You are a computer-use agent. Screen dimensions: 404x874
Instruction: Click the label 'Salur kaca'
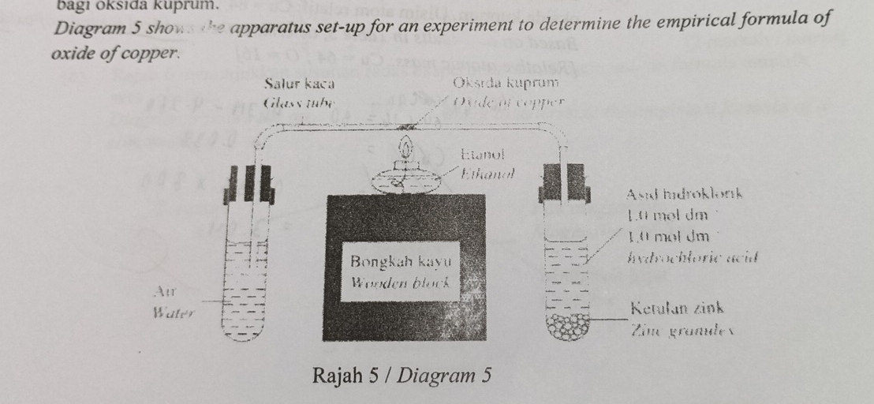[300, 83]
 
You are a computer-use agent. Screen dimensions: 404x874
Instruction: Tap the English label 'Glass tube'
[299, 103]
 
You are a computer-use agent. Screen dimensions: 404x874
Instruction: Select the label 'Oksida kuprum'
[506, 83]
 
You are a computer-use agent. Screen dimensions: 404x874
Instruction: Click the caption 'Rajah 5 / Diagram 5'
[402, 374]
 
